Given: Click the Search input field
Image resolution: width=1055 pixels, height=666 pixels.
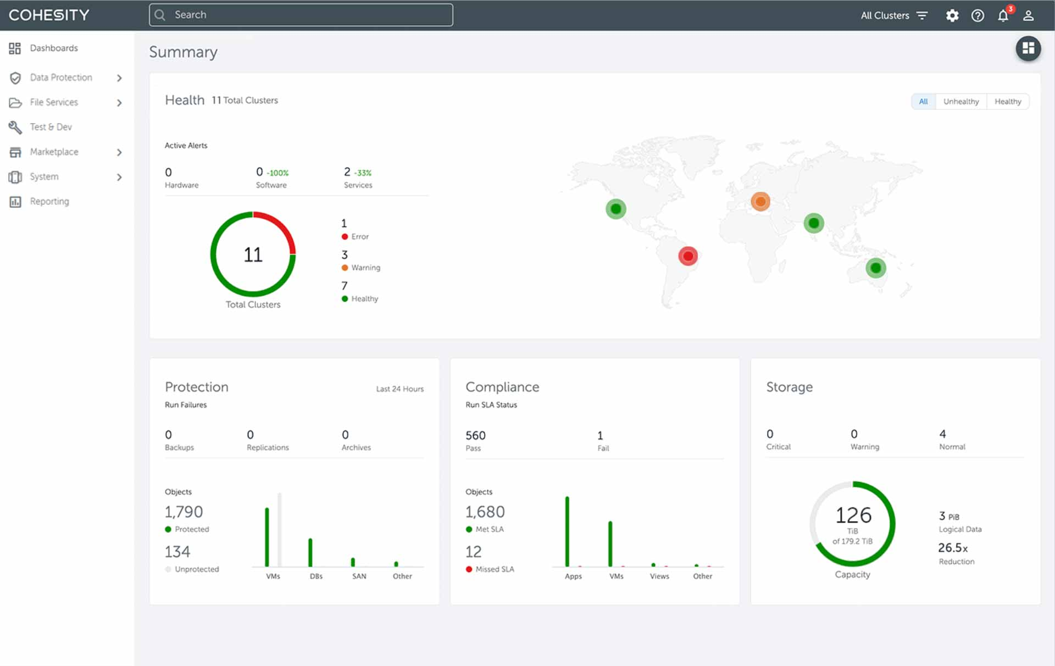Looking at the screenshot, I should click(301, 15).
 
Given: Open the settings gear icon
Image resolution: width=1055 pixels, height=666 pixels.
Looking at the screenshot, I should click(952, 15).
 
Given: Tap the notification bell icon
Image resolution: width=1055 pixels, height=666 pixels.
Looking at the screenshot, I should click(1003, 15).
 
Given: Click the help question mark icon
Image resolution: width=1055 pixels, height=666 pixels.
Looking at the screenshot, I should click(978, 15).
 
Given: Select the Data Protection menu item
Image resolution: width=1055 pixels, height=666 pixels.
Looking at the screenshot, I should click(61, 77).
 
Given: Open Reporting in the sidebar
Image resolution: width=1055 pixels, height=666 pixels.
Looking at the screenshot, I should click(49, 201).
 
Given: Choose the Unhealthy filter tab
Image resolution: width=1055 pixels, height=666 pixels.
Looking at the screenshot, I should click(960, 102).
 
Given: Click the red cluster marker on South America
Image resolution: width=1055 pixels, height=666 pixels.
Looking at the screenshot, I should click(687, 256).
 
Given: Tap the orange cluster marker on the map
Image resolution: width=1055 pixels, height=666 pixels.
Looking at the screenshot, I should click(760, 202).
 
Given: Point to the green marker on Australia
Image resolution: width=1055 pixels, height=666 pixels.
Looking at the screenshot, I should click(875, 268).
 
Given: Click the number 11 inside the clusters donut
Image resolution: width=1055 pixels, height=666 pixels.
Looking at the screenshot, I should click(253, 254).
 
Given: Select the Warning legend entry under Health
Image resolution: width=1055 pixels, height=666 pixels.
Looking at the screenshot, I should click(365, 268).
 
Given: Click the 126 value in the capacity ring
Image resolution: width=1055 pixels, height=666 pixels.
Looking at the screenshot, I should click(853, 515).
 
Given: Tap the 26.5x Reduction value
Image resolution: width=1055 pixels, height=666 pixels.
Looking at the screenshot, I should click(952, 548).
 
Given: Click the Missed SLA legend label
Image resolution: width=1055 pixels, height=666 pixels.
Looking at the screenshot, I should click(495, 569).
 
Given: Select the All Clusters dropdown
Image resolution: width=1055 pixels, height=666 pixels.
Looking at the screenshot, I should click(893, 15).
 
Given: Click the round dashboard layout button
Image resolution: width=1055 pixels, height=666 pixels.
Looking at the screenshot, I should click(1028, 49).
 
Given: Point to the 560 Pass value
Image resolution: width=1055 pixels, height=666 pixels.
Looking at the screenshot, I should click(475, 436).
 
